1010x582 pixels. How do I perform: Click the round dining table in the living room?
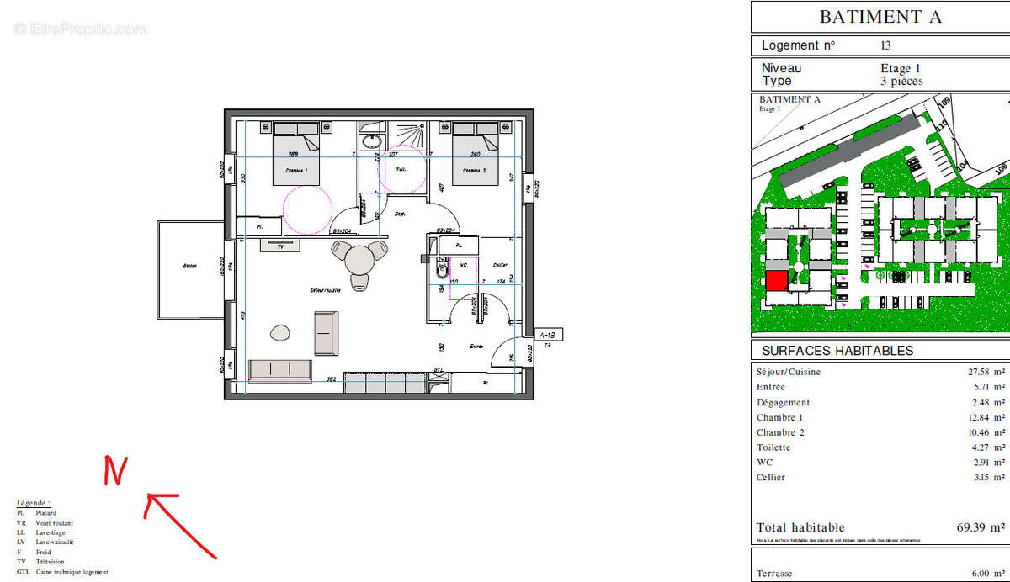pos(360,260)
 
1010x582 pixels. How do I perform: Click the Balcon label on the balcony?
pos(190,267)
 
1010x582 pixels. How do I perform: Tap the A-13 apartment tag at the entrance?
pos(546,334)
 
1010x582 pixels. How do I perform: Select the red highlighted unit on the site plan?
pos(776,282)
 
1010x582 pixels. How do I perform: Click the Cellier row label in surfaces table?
pos(770,478)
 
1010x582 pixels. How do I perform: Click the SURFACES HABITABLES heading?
pos(837,351)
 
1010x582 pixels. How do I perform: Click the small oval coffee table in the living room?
pos(279,333)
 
